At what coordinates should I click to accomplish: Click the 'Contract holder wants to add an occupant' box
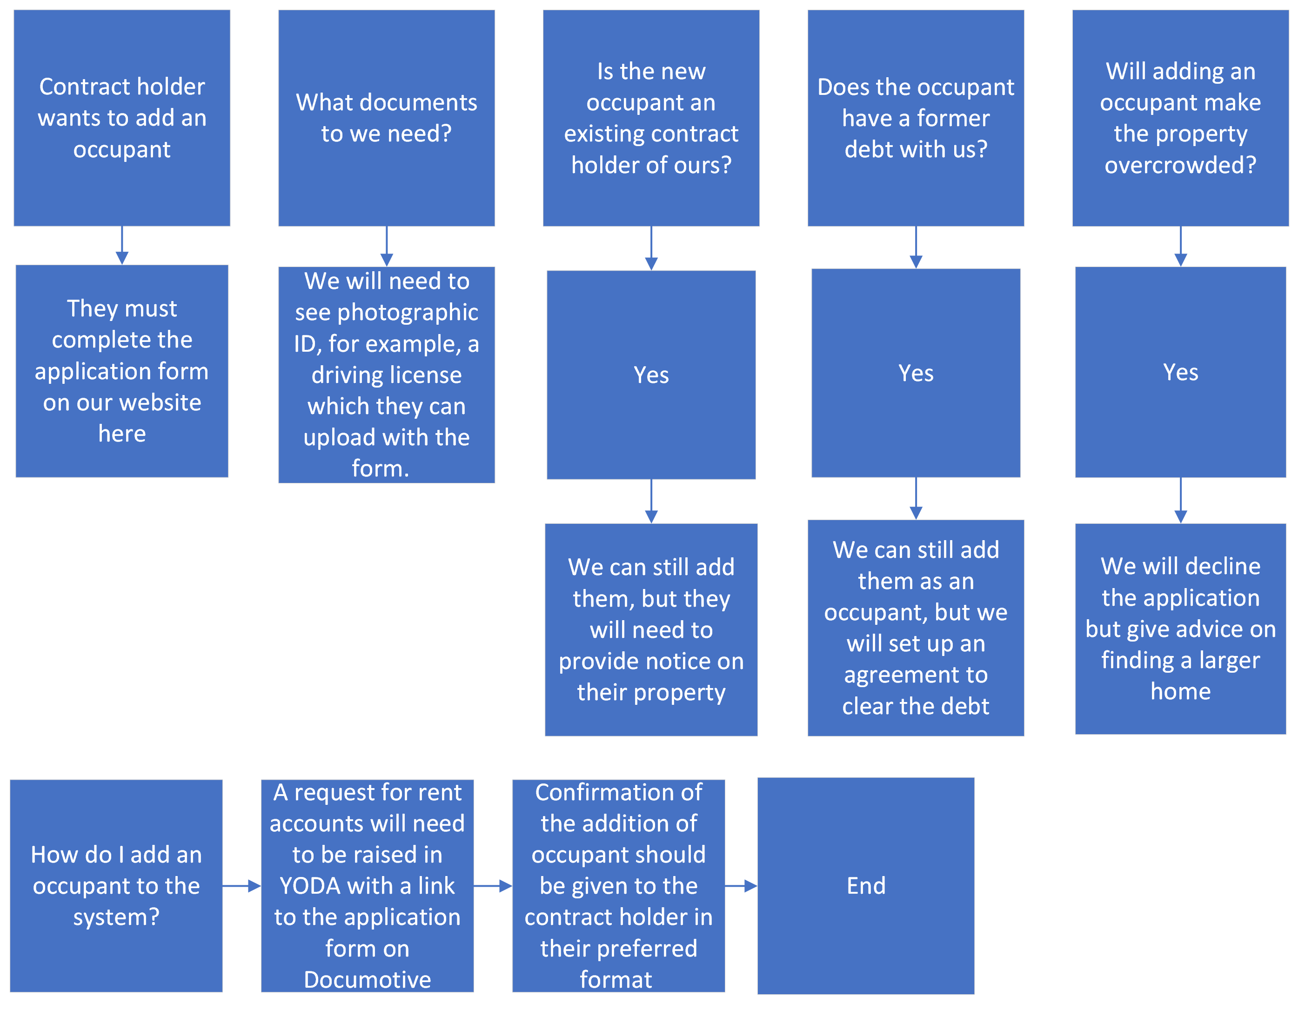tap(122, 118)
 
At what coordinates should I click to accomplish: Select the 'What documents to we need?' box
tap(387, 118)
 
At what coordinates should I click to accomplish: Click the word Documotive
tap(368, 979)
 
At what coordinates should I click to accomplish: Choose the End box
tap(866, 885)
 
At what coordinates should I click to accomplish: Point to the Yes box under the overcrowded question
tap(1181, 372)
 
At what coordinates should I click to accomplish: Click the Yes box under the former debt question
tap(916, 373)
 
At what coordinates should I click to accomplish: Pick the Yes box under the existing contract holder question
tap(651, 375)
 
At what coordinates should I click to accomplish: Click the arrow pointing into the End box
tap(741, 885)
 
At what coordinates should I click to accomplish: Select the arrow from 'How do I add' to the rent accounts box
tap(242, 885)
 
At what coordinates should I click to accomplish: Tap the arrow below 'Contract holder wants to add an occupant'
tap(122, 246)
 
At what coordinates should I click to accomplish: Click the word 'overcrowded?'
tap(1181, 164)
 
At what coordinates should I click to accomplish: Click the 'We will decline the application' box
tap(1181, 629)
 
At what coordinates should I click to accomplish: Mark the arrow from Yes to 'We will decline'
tap(1181, 501)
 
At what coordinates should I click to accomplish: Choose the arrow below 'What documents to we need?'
tap(387, 247)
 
